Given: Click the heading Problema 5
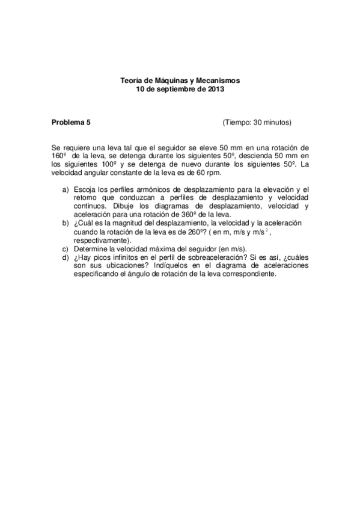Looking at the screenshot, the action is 72,123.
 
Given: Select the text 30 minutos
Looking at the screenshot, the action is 270,123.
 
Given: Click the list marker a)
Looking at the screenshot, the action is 66,190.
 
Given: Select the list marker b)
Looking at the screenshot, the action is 66,223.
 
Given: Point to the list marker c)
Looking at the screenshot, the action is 66,248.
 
